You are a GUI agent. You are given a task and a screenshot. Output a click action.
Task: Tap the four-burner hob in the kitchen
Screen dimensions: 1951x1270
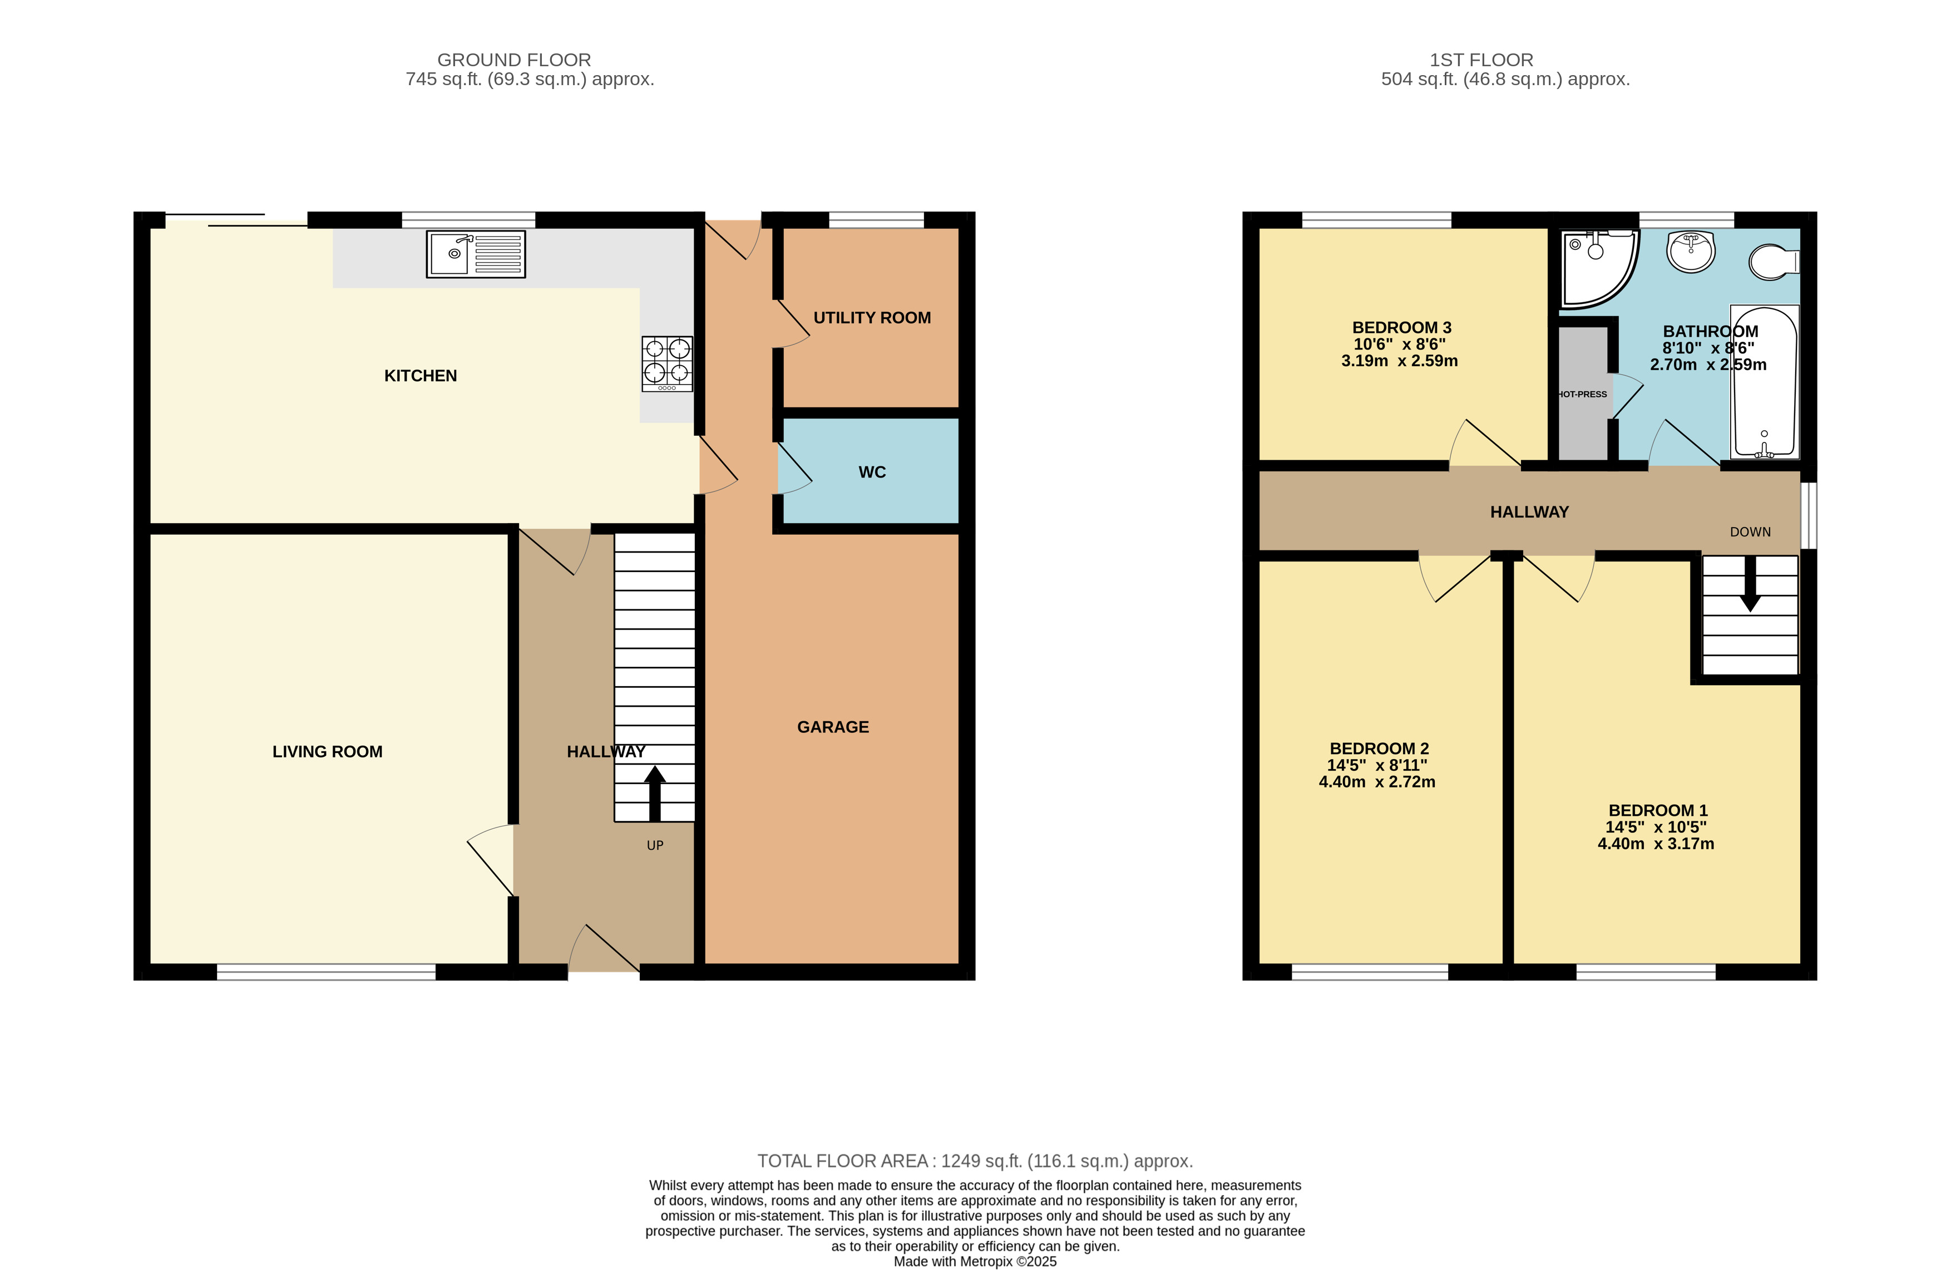pyautogui.click(x=667, y=364)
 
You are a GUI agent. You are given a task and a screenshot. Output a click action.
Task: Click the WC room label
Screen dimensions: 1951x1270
pyautogui.click(x=872, y=472)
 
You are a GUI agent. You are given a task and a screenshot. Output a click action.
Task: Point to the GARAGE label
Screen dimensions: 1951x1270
pyautogui.click(x=833, y=727)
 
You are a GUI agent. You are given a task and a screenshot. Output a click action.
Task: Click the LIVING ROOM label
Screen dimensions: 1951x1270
pyautogui.click(x=327, y=752)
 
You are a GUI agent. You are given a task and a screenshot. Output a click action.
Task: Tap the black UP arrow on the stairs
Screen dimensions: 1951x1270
pyautogui.click(x=654, y=794)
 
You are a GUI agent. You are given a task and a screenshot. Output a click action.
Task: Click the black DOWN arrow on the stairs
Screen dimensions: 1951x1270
pyautogui.click(x=1750, y=584)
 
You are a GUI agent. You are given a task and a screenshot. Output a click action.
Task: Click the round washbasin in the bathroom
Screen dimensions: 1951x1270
pyautogui.click(x=1690, y=251)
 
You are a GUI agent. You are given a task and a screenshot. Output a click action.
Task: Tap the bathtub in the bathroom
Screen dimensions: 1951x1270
pyautogui.click(x=1764, y=382)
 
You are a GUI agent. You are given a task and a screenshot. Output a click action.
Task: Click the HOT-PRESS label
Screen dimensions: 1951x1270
pyautogui.click(x=1582, y=395)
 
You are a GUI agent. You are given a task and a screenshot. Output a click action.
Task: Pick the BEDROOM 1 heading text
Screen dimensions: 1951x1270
pyautogui.click(x=1657, y=811)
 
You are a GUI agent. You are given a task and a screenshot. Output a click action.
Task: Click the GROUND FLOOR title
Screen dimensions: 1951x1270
pyautogui.click(x=514, y=60)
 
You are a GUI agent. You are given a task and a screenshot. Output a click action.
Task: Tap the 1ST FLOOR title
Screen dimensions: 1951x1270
pyautogui.click(x=1481, y=60)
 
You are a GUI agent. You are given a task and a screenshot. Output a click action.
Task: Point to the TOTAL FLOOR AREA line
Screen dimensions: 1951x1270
pyautogui.click(x=975, y=1161)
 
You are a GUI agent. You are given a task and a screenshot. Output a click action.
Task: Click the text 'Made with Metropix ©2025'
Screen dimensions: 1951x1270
pyautogui.click(x=975, y=1262)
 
